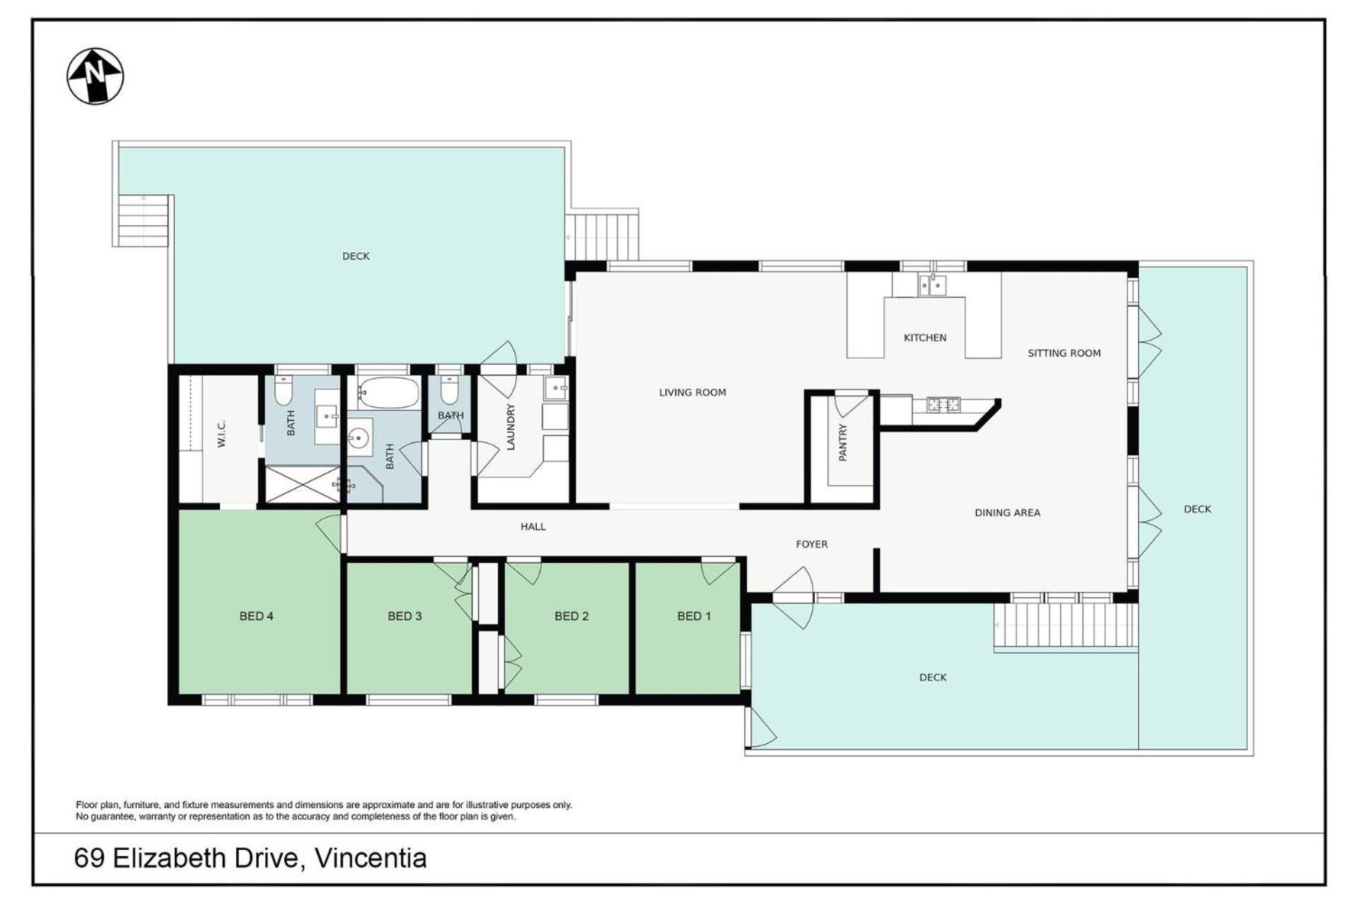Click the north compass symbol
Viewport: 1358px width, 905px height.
(95, 76)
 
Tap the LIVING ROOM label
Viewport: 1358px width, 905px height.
(692, 392)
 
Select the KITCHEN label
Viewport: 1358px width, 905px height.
(925, 338)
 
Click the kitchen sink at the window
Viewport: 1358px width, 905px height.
(932, 285)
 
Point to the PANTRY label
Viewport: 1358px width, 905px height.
(842, 443)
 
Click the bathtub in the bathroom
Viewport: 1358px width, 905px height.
(388, 393)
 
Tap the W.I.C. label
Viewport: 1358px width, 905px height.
(221, 433)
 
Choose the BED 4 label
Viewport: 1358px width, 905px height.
(256, 616)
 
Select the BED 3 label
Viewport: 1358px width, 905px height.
(405, 616)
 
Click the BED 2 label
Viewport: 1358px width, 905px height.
(571, 616)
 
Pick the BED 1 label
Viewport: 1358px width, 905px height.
(694, 616)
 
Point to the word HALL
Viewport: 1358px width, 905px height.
(533, 527)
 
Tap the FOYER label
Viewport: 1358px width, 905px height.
(812, 544)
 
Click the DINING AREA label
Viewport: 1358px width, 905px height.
(1007, 513)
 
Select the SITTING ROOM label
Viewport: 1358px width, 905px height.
(1064, 353)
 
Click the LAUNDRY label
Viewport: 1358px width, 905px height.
(511, 427)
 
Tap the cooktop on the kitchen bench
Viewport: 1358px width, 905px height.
(944, 405)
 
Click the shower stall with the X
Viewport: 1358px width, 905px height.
(303, 484)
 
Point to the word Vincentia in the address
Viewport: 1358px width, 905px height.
(371, 858)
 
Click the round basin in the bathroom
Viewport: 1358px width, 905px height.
(360, 437)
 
